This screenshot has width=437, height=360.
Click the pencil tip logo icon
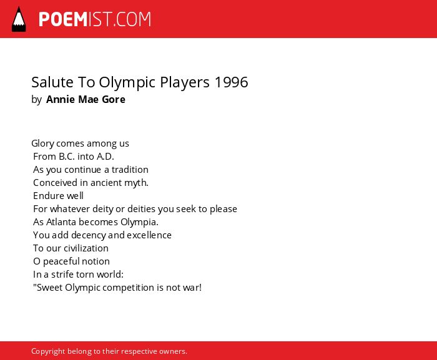(19, 19)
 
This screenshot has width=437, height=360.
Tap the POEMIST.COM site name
(95, 19)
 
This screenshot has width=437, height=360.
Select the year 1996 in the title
(232, 82)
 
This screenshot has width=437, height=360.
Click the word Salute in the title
(52, 82)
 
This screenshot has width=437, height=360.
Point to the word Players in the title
(185, 83)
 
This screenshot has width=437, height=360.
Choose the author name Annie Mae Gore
(86, 99)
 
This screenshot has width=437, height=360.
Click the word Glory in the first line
(42, 144)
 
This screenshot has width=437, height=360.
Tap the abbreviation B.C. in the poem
(67, 157)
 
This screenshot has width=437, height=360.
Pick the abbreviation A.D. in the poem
(106, 157)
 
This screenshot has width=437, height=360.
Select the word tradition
(130, 170)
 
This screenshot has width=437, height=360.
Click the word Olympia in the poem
(139, 223)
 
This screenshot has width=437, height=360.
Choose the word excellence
(149, 235)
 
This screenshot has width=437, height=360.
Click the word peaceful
(61, 261)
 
